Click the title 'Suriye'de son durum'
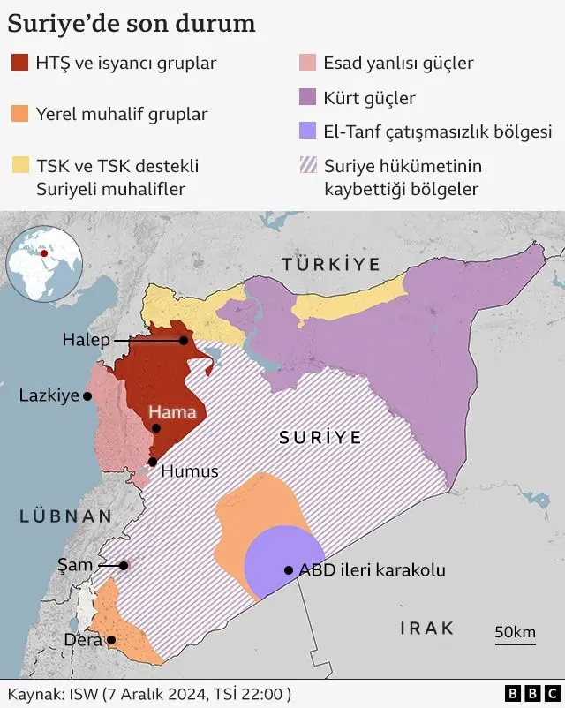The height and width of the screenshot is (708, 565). click(x=132, y=23)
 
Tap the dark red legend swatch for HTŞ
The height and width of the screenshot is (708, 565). click(x=20, y=63)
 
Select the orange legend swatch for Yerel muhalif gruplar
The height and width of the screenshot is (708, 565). click(x=20, y=114)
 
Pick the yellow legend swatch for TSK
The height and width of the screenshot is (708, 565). click(x=20, y=165)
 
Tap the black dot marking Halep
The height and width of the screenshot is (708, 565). click(x=184, y=340)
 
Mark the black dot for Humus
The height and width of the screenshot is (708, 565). click(x=153, y=462)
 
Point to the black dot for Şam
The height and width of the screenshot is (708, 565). click(x=124, y=566)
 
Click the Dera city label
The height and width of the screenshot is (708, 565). click(x=83, y=640)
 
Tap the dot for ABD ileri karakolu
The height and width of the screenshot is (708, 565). click(x=288, y=570)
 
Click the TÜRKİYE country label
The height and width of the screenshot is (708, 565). click(x=330, y=264)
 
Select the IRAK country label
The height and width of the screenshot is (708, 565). click(x=427, y=629)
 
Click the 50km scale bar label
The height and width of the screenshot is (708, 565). click(x=515, y=631)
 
